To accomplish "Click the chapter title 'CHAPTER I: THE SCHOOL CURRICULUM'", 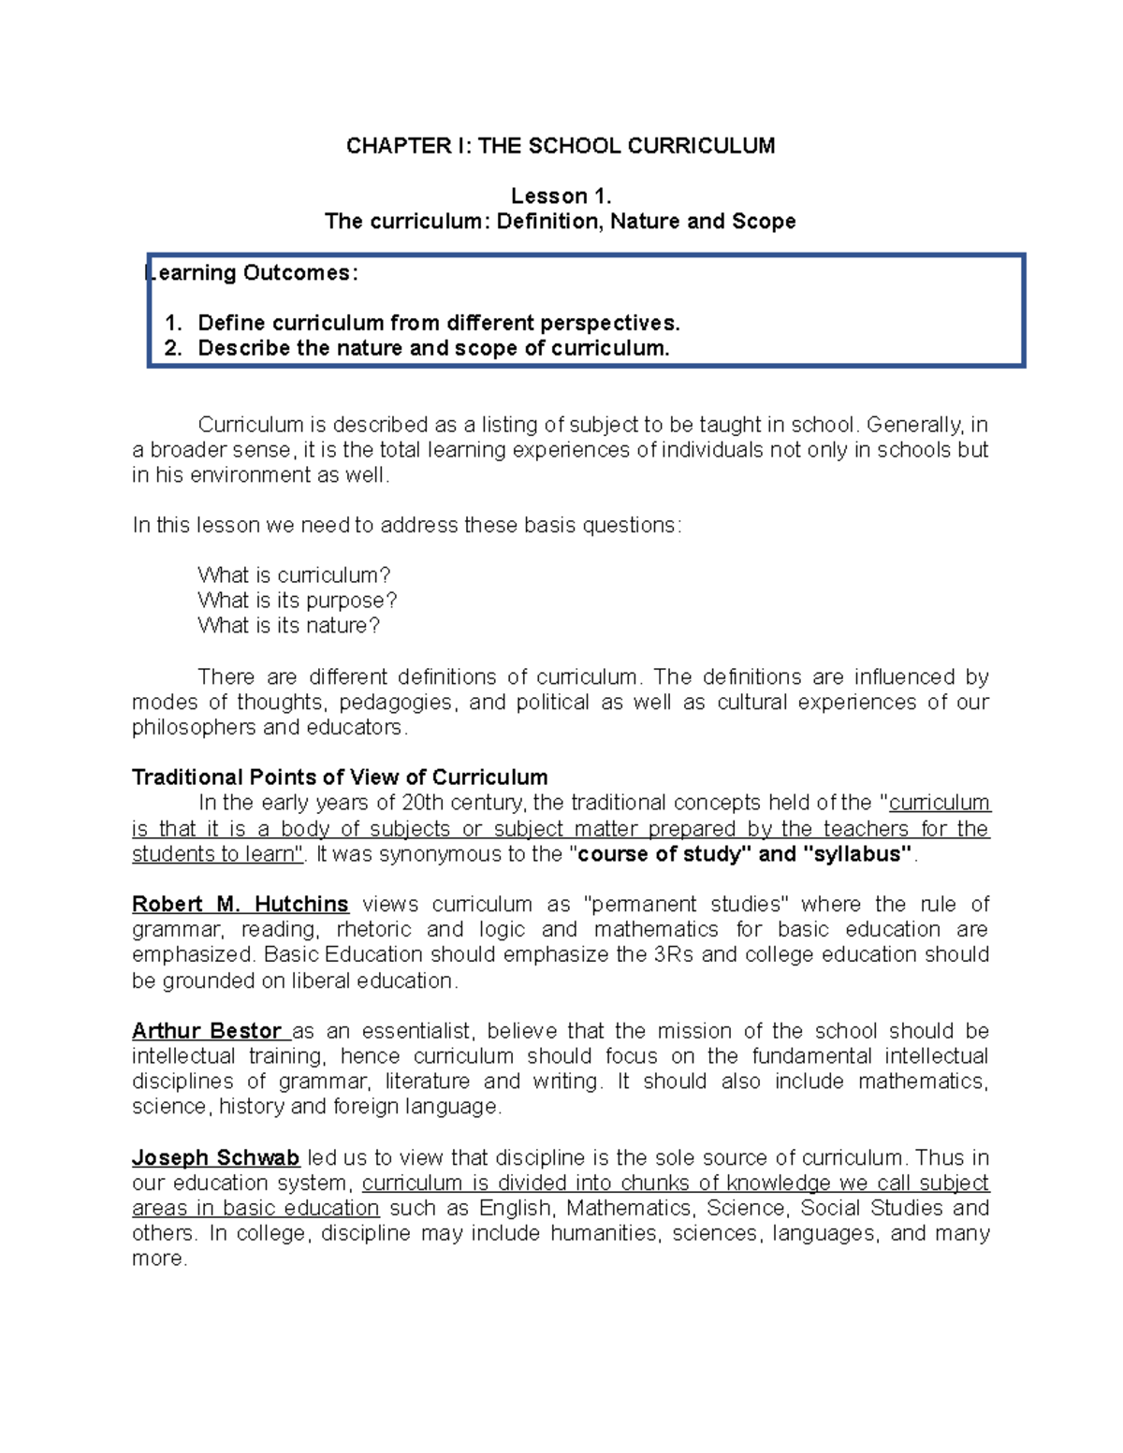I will click(561, 146).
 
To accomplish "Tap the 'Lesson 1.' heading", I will click(561, 196).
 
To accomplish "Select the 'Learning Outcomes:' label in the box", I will click(253, 273).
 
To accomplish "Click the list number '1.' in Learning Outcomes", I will click(173, 324).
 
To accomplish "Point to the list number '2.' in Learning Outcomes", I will click(173, 349).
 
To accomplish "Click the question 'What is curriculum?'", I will click(294, 575).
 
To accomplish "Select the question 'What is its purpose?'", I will click(298, 601).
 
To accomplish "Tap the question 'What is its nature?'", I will click(289, 626).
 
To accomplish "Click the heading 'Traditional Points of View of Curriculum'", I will click(340, 777).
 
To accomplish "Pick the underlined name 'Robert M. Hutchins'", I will click(241, 905).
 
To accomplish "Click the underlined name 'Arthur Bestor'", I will click(207, 1031).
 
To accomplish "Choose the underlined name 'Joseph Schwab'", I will click(215, 1158).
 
